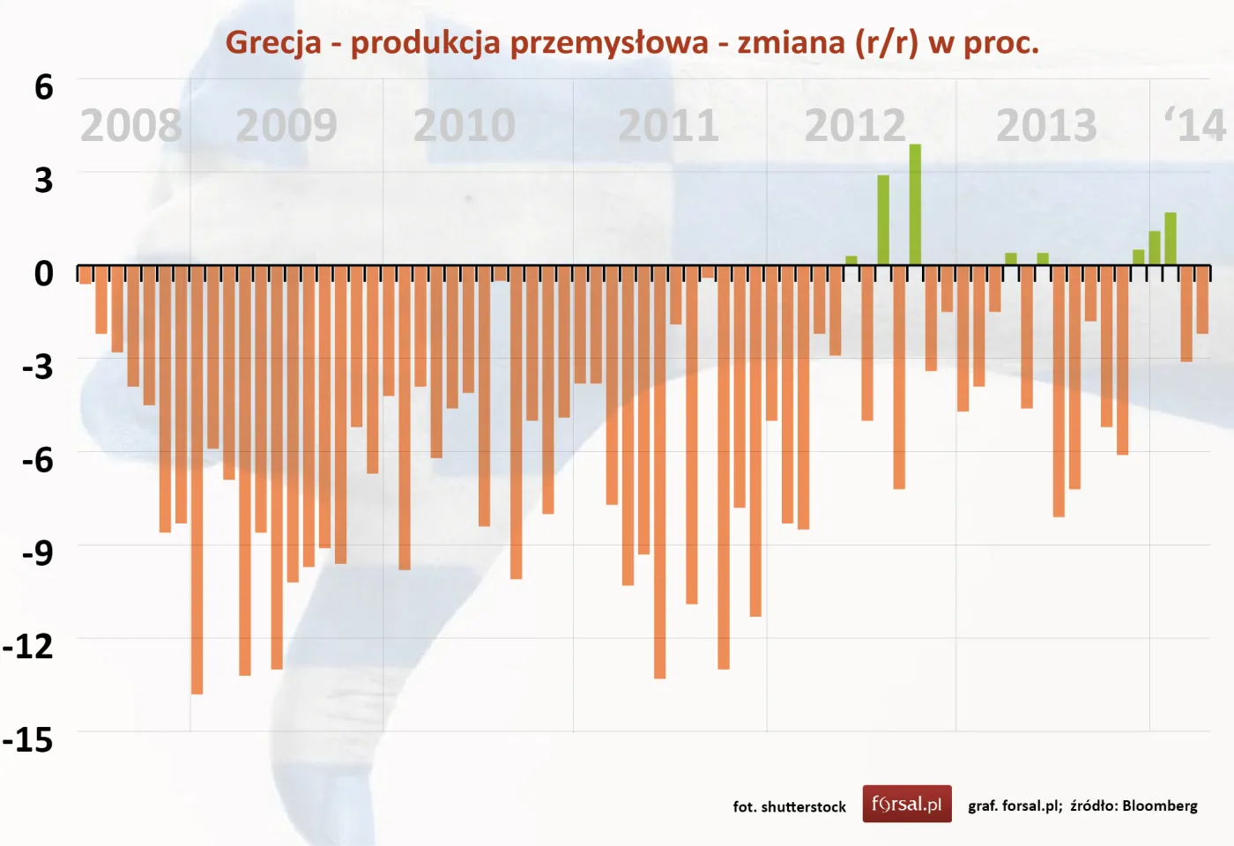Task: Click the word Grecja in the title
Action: [x=273, y=42]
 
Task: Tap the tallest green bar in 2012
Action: [x=915, y=204]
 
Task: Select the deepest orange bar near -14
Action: [x=197, y=480]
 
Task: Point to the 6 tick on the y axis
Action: [x=43, y=87]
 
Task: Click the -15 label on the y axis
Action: [x=28, y=739]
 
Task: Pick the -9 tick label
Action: [x=37, y=553]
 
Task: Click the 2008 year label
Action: [x=130, y=126]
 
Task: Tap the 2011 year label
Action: [x=668, y=126]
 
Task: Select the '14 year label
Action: [x=1195, y=126]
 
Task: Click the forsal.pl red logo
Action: [x=906, y=804]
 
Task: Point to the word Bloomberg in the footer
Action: [x=1159, y=805]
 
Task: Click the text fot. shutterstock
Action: [x=789, y=806]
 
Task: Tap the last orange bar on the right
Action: [x=1202, y=300]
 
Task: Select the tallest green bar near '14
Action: [x=1171, y=239]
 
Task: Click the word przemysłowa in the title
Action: [x=608, y=42]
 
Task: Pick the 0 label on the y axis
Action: [x=43, y=273]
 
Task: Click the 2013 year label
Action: [x=1046, y=126]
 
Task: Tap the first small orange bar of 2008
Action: [x=85, y=274]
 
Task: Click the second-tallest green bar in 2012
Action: [x=883, y=220]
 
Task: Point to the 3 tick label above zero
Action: [x=43, y=181]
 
